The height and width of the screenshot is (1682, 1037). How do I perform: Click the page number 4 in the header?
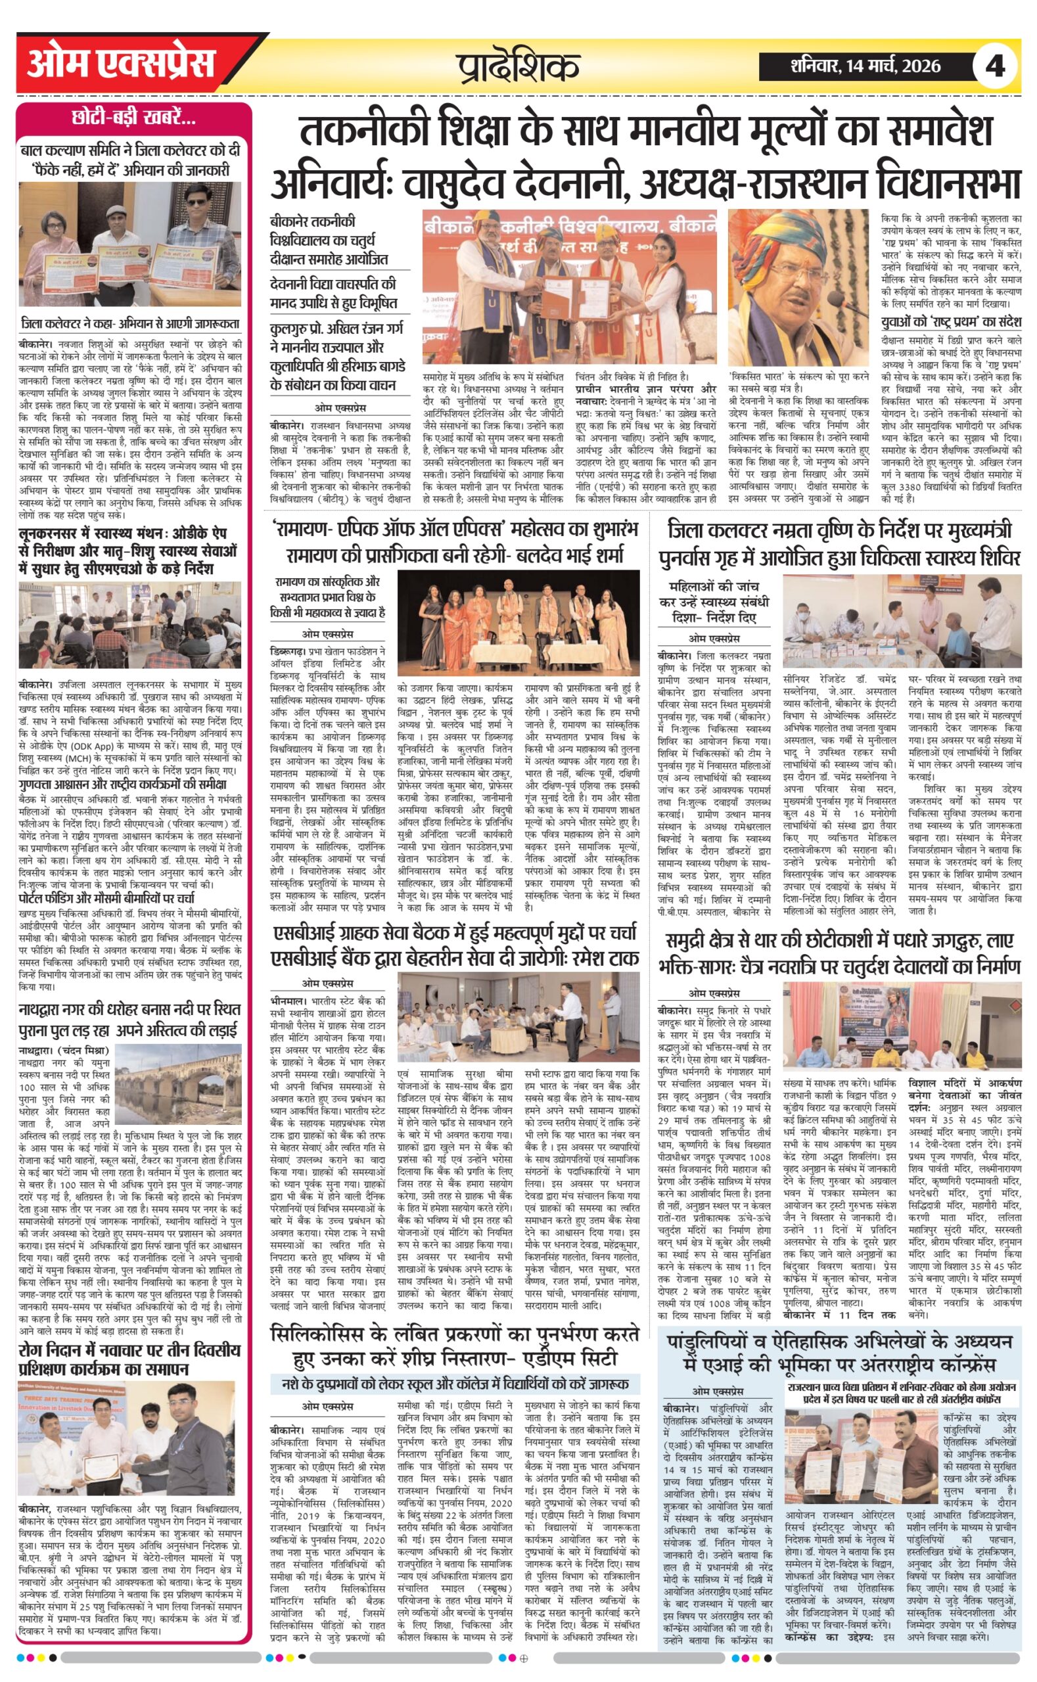[x=994, y=66]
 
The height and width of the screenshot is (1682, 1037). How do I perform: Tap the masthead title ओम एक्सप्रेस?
[x=122, y=64]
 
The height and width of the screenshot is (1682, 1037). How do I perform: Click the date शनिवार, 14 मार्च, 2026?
[x=865, y=66]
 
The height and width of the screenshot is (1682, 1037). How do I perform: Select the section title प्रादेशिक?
[x=518, y=66]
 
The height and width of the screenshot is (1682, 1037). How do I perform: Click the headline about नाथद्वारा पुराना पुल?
[x=130, y=1020]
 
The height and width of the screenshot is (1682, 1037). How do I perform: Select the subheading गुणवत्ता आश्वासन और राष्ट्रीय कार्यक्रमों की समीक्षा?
[x=124, y=784]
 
